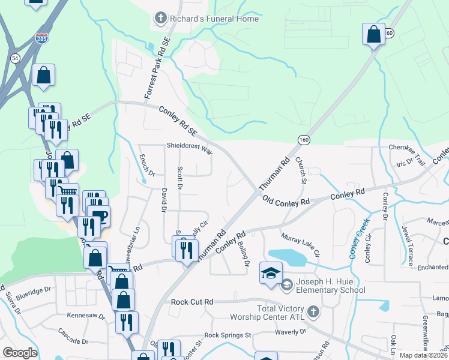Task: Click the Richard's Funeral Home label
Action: point(214,19)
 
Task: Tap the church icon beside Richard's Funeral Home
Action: point(160,19)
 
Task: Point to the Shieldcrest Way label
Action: point(190,148)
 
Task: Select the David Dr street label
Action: point(163,199)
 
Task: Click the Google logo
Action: point(20,352)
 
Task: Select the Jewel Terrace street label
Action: point(409,246)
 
